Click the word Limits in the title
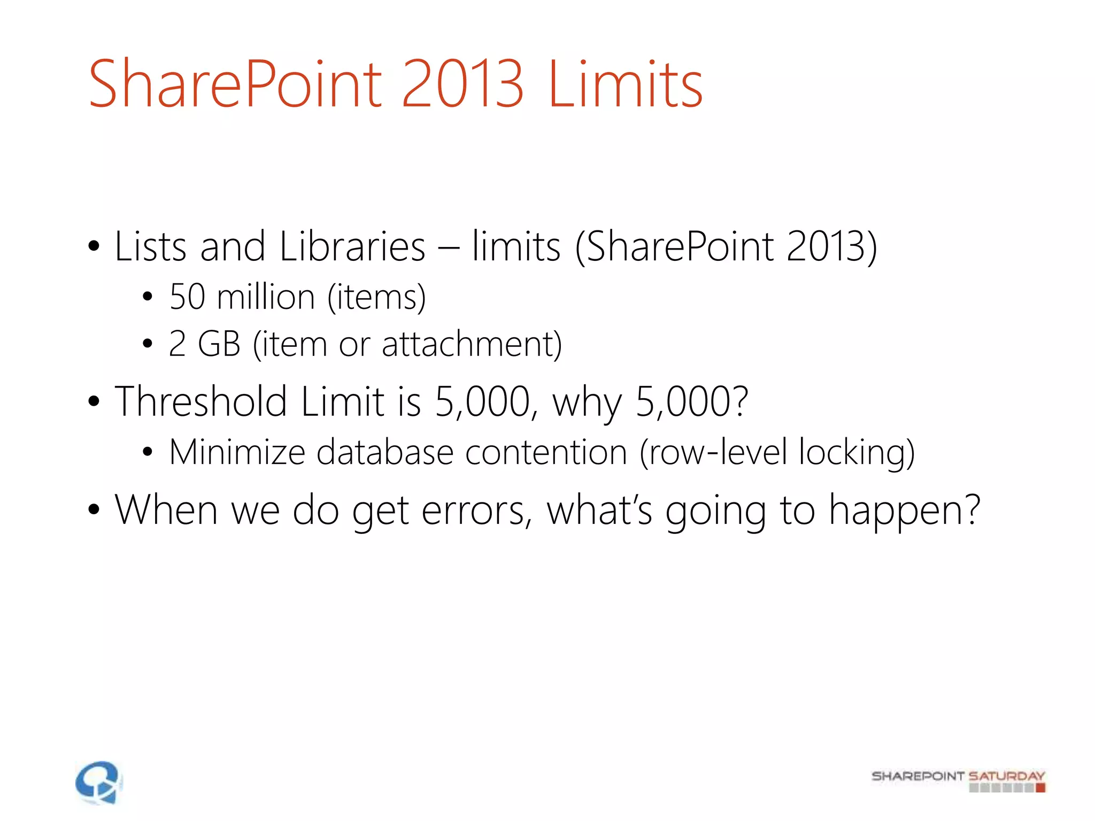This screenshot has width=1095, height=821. click(x=625, y=84)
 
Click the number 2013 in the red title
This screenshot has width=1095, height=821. click(x=462, y=84)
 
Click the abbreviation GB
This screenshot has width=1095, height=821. click(x=219, y=344)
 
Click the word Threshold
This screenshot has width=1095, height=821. click(x=201, y=401)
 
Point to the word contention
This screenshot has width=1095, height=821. click(x=545, y=453)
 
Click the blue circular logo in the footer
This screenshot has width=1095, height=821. click(x=99, y=782)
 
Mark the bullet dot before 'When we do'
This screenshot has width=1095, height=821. click(x=94, y=510)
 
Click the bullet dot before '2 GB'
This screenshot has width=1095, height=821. click(x=148, y=345)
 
